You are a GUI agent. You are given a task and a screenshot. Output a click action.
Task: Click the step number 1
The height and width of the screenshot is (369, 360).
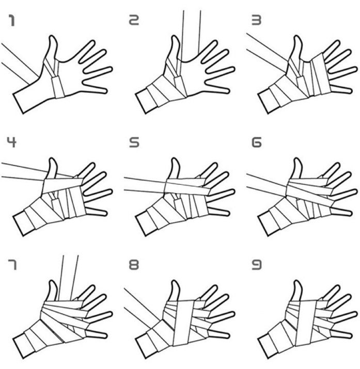click(11, 20)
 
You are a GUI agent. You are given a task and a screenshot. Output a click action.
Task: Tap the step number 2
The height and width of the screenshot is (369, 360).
click(134, 20)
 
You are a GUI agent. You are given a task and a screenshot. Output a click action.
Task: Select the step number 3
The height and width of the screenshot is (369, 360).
click(256, 20)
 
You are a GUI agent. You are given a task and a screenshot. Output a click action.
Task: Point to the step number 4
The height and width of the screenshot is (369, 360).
click(11, 142)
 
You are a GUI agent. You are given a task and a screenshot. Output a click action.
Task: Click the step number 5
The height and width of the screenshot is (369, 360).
click(134, 142)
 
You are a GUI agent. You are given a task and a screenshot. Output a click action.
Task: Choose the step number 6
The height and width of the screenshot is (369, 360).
click(257, 142)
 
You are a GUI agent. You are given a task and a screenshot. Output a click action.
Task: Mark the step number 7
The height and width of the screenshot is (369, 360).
click(12, 265)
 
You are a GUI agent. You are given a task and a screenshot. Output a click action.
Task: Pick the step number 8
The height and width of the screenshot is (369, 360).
click(134, 265)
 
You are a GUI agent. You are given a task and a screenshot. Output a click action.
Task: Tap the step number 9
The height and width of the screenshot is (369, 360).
click(257, 265)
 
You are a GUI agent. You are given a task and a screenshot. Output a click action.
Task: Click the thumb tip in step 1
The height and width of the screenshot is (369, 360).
click(53, 37)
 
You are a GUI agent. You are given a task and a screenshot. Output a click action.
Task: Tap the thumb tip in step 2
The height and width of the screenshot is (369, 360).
click(175, 37)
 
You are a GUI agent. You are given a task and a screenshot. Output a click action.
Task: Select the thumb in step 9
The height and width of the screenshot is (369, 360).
click(297, 291)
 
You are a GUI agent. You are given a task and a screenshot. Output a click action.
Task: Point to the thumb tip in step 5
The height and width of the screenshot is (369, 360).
click(175, 159)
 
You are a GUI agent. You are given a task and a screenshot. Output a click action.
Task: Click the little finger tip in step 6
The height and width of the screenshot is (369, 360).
click(350, 214)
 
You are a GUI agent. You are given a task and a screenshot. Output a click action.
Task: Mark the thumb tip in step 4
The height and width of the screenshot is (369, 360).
click(53, 159)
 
